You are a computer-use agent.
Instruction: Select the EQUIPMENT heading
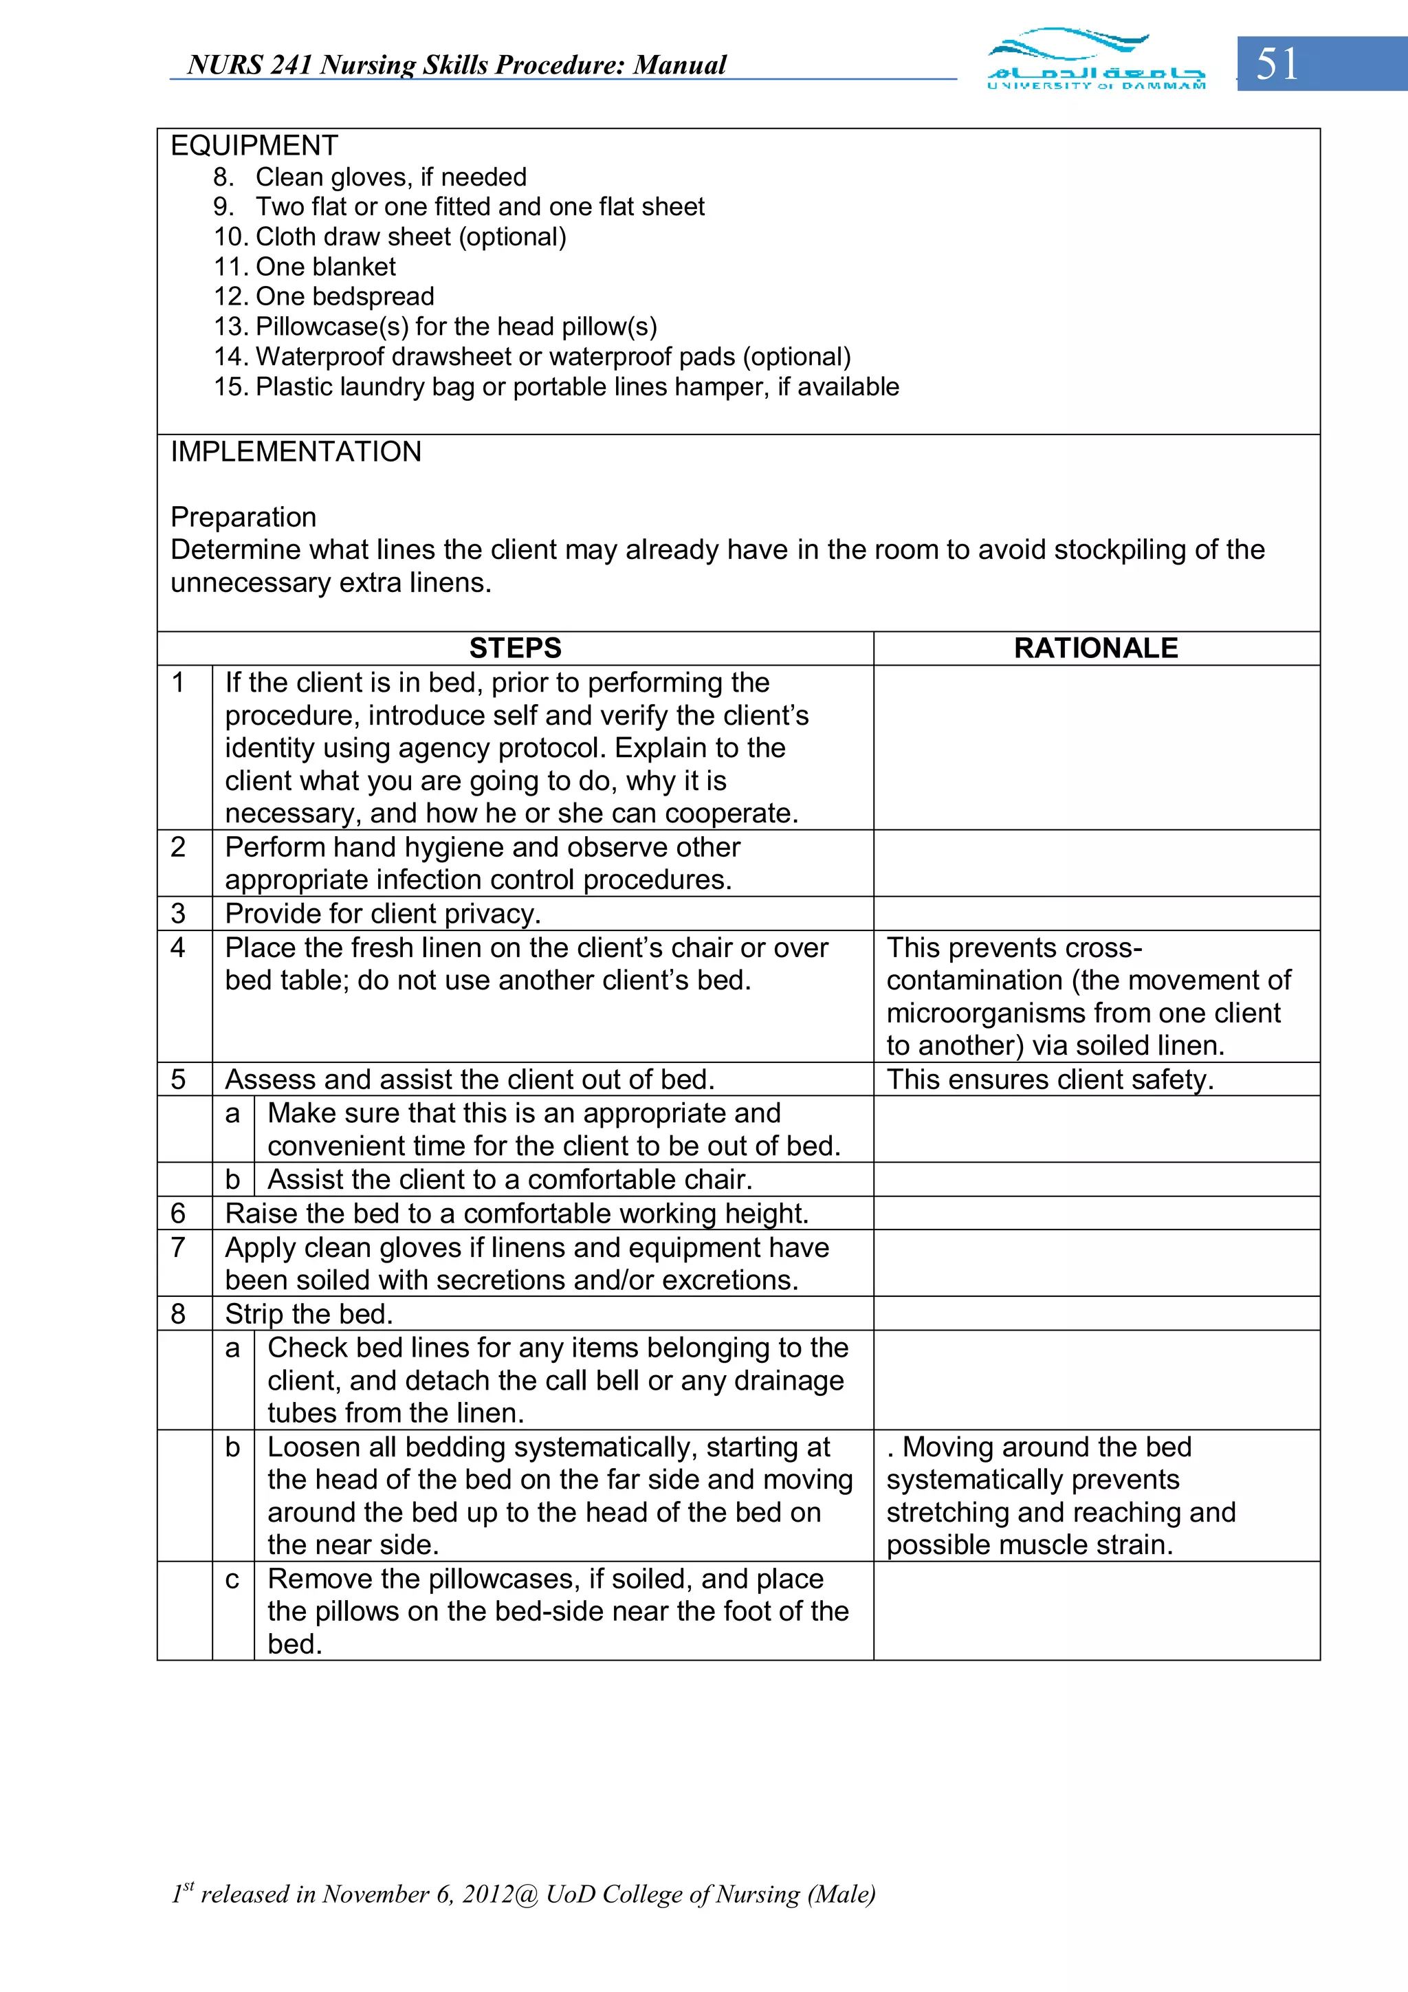pos(254,145)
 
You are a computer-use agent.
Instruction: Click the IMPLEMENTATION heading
pos(296,451)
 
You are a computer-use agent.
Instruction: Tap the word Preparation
pos(243,516)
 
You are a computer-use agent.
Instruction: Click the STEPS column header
pos(516,648)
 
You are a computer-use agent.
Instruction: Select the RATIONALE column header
pos(1096,648)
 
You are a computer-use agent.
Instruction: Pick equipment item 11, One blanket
pos(305,266)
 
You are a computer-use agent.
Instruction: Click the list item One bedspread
pos(324,296)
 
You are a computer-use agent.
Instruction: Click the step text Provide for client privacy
pos(382,914)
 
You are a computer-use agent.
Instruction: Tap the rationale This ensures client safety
pos(1050,1080)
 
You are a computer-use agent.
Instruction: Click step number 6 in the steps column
pos(179,1213)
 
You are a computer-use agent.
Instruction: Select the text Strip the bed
pos(309,1313)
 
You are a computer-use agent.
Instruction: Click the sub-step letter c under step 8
pos(232,1578)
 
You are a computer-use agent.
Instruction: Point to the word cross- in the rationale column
pos(1101,948)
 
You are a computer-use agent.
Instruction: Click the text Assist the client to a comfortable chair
pos(509,1179)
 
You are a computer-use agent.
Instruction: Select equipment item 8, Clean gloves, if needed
pos(371,177)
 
